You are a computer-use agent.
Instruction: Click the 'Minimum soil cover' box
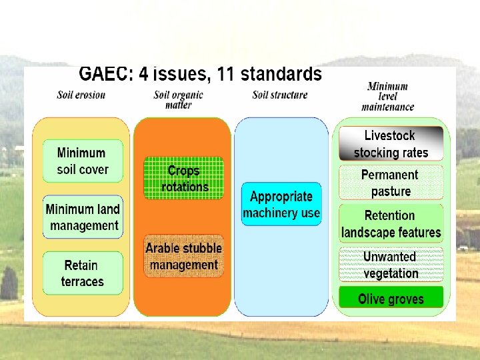point(83,161)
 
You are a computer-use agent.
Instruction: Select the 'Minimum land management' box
point(83,217)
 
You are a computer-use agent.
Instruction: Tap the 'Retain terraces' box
point(83,273)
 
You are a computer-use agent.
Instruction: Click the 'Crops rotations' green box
point(184,178)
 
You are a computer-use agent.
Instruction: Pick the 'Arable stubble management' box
point(183,256)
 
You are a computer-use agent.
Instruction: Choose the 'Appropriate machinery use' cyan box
point(281,204)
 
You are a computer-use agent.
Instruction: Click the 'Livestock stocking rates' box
point(391,143)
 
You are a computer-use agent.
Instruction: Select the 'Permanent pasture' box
point(391,183)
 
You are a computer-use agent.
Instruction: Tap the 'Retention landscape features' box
point(391,223)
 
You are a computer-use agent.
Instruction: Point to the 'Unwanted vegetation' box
point(391,265)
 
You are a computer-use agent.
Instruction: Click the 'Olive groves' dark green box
point(391,298)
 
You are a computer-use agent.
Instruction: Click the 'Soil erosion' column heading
point(81,95)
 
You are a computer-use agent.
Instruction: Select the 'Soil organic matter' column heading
point(178,99)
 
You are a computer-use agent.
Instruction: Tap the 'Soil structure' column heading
point(280,95)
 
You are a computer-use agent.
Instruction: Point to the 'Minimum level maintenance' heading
point(388,97)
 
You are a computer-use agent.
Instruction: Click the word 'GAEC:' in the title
point(104,75)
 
